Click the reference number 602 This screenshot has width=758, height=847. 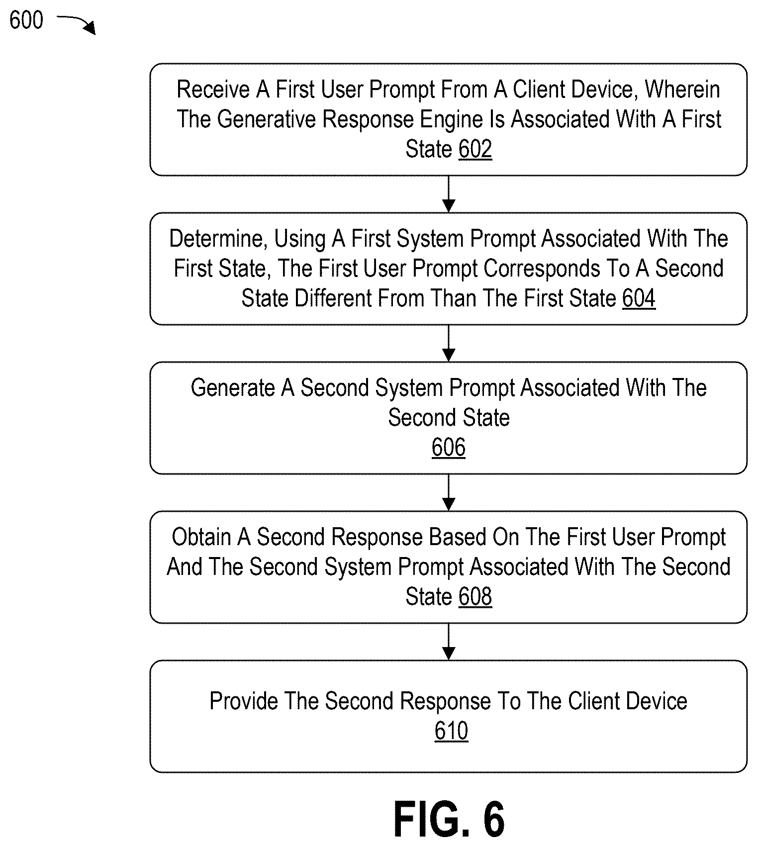[x=475, y=149]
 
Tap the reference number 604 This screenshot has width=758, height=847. [x=639, y=298]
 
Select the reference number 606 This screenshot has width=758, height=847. [x=449, y=447]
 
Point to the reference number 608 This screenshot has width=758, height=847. [x=475, y=596]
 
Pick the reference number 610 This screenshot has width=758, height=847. [x=451, y=731]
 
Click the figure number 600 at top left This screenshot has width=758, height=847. [x=26, y=20]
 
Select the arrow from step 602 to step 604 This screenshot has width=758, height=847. [x=449, y=194]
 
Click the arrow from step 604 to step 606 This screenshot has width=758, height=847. [x=449, y=343]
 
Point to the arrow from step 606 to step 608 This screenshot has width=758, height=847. [x=449, y=492]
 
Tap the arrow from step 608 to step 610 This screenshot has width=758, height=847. [x=449, y=642]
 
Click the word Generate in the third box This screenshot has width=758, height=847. [x=233, y=388]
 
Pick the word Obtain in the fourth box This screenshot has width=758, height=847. [x=201, y=537]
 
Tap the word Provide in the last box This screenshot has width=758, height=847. [x=243, y=701]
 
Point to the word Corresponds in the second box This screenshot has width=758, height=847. [x=542, y=269]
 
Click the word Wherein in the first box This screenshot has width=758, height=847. [x=682, y=90]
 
